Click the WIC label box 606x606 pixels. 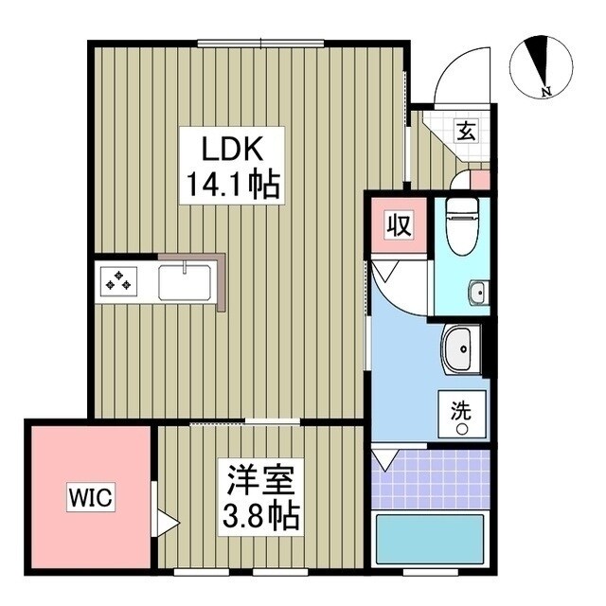coord(90,497)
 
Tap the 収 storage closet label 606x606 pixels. coord(396,226)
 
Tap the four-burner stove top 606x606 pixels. coord(120,280)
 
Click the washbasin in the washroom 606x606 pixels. coord(461,351)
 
